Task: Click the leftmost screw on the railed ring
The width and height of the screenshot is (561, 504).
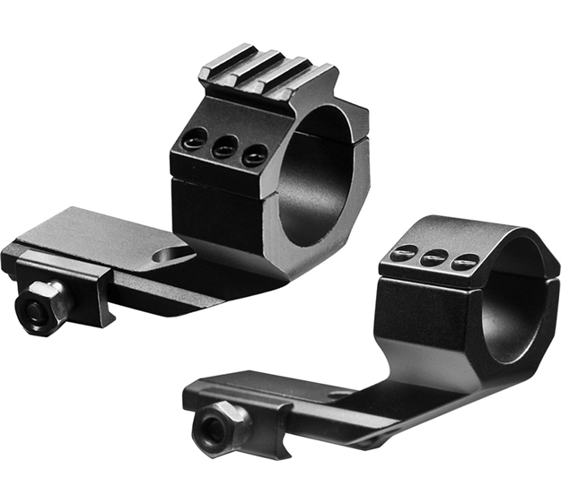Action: tap(191, 139)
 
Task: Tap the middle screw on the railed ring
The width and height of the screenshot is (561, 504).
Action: tap(224, 146)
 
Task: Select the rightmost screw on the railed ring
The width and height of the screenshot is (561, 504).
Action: tap(255, 153)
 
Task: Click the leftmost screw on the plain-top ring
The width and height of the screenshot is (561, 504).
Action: tap(405, 253)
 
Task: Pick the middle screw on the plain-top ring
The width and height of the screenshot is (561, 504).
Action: tap(435, 258)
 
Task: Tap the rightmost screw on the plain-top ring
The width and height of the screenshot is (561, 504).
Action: tap(465, 263)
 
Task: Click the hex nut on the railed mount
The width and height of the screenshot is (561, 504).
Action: tap(40, 306)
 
